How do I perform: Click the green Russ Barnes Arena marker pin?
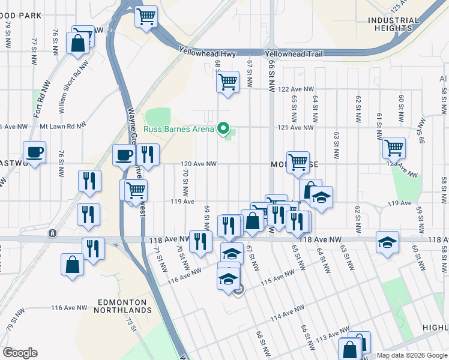coord(224,127)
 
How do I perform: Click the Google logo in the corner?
coord(20,353)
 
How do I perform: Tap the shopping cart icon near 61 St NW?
coord(394,146)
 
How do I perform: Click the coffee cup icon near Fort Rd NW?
coord(35,152)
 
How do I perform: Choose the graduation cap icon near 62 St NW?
coord(387,242)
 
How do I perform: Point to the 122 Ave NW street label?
coord(297,89)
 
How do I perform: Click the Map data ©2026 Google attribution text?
coord(411,355)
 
